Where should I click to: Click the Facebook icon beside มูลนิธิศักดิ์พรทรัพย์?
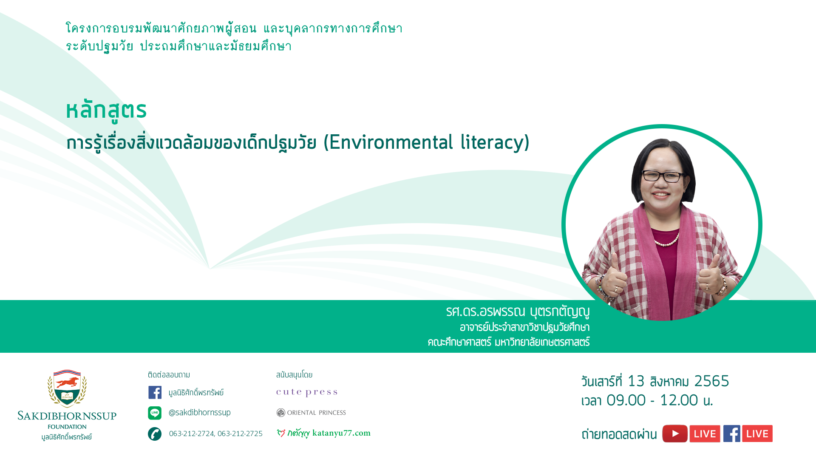[155, 392]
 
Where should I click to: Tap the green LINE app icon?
[155, 413]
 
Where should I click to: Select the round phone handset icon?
[155, 434]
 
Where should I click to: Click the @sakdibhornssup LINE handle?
[200, 413]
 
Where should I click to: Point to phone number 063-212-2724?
[192, 433]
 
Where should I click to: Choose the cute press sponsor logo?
[307, 392]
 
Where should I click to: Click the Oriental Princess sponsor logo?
[311, 413]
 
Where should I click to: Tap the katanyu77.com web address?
[341, 433]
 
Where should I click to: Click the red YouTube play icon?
[675, 433]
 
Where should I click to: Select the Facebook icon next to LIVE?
[732, 433]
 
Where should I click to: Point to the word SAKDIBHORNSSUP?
[67, 416]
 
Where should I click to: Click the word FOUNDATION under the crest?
[67, 427]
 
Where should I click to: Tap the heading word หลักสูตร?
[106, 110]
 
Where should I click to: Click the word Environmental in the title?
[391, 142]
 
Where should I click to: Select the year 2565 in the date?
[711, 381]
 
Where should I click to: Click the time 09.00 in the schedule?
[626, 400]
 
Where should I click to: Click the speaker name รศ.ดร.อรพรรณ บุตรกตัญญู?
[518, 312]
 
